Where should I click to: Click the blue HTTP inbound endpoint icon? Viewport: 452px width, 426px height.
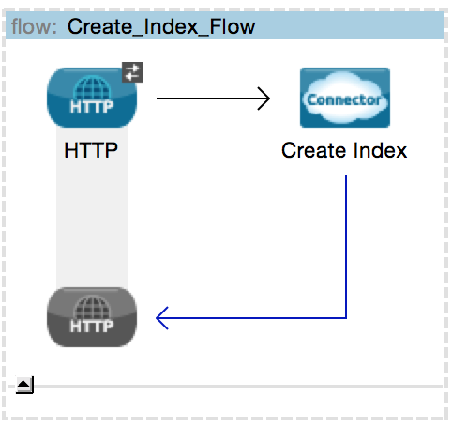pyautogui.click(x=92, y=98)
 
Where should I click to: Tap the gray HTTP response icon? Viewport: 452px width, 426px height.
pyautogui.click(x=92, y=317)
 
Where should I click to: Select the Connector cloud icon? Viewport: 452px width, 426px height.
pyautogui.click(x=345, y=98)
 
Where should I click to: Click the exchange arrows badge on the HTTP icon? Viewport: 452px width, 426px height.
pyautogui.click(x=132, y=72)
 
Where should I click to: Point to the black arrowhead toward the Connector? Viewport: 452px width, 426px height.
pyautogui.click(x=264, y=99)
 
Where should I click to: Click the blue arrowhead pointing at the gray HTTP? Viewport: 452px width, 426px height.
pyautogui.click(x=162, y=318)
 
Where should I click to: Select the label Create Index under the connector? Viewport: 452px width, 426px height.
pyautogui.click(x=344, y=150)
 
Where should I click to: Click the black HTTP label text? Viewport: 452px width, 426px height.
pyautogui.click(x=91, y=150)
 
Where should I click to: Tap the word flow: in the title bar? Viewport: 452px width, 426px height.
pyautogui.click(x=34, y=26)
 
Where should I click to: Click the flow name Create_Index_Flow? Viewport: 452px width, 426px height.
pyautogui.click(x=161, y=27)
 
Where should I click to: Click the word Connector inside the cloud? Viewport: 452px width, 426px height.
pyautogui.click(x=344, y=100)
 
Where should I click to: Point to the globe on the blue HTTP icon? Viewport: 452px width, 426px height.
pyautogui.click(x=92, y=89)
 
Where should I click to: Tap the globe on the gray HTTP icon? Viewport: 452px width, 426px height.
pyautogui.click(x=92, y=309)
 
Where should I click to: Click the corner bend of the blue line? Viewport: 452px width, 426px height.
pyautogui.click(x=346, y=318)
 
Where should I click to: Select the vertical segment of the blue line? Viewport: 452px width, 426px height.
pyautogui.click(x=346, y=247)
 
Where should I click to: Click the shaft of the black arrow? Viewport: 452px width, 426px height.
pyautogui.click(x=213, y=99)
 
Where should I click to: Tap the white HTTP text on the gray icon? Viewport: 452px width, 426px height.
pyautogui.click(x=91, y=327)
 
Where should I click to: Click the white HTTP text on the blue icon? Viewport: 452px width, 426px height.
pyautogui.click(x=91, y=107)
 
